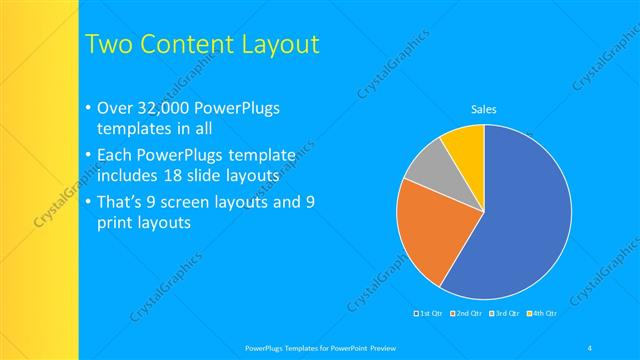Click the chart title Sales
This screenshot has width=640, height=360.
click(x=484, y=110)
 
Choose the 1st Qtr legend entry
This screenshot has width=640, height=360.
click(x=430, y=314)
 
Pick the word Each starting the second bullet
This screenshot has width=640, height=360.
click(x=115, y=155)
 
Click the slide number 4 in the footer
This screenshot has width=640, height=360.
click(x=590, y=347)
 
